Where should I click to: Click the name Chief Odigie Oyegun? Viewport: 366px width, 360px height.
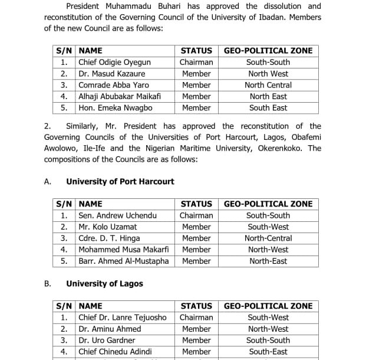pyautogui.click(x=114, y=63)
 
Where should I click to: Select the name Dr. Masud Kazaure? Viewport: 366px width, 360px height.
pyautogui.click(x=112, y=74)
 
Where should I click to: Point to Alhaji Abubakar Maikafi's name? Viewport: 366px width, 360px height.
pyautogui.click(x=120, y=96)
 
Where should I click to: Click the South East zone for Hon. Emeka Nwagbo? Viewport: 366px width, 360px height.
pyautogui.click(x=268, y=108)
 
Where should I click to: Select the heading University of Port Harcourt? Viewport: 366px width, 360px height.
pyautogui.click(x=120, y=182)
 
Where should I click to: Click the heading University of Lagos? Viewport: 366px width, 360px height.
pyautogui.click(x=104, y=284)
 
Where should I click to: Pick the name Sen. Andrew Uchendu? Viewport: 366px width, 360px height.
pyautogui.click(x=118, y=215)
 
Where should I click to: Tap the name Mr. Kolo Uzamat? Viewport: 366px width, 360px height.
pyautogui.click(x=108, y=227)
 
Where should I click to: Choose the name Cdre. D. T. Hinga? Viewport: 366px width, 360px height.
pyautogui.click(x=109, y=238)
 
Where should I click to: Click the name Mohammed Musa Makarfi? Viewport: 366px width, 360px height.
pyautogui.click(x=123, y=250)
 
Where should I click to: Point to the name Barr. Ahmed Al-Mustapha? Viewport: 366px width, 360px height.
pyautogui.click(x=124, y=261)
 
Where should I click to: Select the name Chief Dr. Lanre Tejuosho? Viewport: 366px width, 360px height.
pyautogui.click(x=124, y=318)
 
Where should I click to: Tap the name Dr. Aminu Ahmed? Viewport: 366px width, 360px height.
pyautogui.click(x=110, y=329)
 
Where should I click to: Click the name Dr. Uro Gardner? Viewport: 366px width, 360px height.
pyautogui.click(x=107, y=341)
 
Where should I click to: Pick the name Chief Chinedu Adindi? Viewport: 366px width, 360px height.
pyautogui.click(x=115, y=352)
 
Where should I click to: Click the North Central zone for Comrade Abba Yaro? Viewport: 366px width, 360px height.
pyautogui.click(x=268, y=85)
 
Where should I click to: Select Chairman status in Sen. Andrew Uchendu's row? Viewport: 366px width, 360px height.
pyautogui.click(x=196, y=215)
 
